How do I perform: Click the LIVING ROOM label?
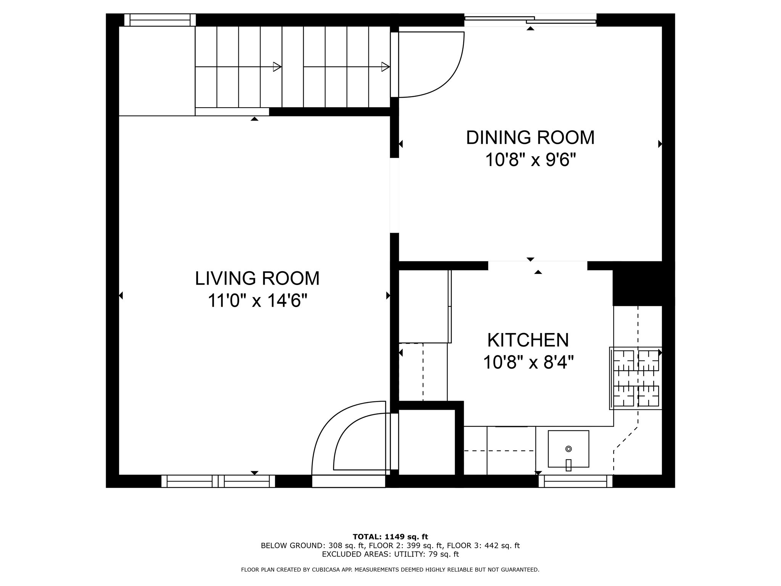coord(257,279)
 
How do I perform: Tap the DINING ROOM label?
coord(530,138)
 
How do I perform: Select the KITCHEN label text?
coord(528,340)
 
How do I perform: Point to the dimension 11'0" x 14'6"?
coord(257,301)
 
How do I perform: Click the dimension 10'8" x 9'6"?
coord(530,160)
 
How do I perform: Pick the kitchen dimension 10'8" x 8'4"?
coord(528,362)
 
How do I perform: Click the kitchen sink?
coord(568,449)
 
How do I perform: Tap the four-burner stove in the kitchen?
coord(636,378)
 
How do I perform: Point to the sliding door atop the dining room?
coord(530,20)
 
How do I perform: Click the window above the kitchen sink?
coord(575,481)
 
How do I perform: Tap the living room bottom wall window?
coord(218,481)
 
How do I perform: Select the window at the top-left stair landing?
coord(160,20)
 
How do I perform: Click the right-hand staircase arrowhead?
coord(386,67)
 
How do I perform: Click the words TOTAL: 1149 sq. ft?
coord(390,537)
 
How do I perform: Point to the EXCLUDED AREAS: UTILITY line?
coord(390,554)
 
